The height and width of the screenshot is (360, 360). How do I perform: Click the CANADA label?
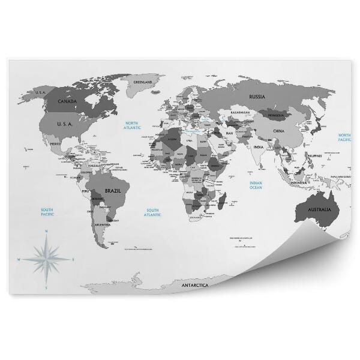point(67,102)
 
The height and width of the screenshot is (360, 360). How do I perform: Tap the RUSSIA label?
point(257,96)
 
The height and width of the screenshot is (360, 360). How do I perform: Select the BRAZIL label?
point(113,190)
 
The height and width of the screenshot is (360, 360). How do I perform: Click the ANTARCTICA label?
point(195,285)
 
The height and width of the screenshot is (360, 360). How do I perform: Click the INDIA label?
point(259,147)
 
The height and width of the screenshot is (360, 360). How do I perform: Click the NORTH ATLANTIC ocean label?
point(131,126)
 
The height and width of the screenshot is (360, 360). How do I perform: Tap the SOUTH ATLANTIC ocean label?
point(153,212)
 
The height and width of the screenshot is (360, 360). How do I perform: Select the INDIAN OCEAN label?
point(256,185)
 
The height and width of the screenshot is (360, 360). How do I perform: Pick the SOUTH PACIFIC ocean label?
point(48,211)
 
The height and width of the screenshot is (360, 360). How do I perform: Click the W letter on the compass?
point(20,260)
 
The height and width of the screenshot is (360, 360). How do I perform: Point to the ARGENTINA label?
point(102,224)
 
